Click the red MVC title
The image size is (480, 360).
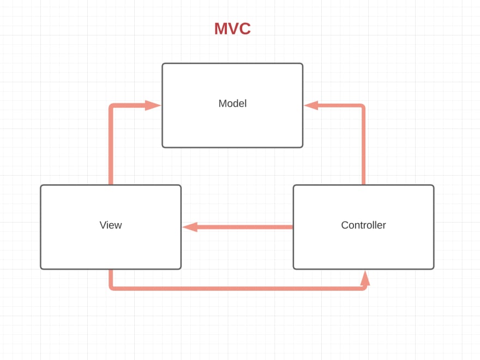click(232, 28)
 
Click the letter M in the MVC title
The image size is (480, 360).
click(221, 28)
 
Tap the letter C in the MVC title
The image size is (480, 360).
click(244, 28)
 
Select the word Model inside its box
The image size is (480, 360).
click(232, 103)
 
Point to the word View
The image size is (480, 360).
click(111, 225)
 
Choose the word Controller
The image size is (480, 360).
click(363, 225)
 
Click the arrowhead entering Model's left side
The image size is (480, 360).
click(153, 105)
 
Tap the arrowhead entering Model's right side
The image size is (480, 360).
click(311, 105)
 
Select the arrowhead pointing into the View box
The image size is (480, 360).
click(190, 227)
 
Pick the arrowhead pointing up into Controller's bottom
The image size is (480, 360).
click(365, 278)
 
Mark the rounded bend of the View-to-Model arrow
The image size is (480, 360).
click(112, 107)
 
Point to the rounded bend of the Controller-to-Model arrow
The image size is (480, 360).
click(362, 107)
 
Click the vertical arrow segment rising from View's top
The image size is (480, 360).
click(111, 147)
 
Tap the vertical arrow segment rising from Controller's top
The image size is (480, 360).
click(363, 147)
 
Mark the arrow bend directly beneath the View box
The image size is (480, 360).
click(112, 287)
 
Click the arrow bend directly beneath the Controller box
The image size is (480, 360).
click(364, 287)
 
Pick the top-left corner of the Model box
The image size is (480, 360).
click(163, 64)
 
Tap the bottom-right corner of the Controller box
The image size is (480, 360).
click(433, 268)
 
